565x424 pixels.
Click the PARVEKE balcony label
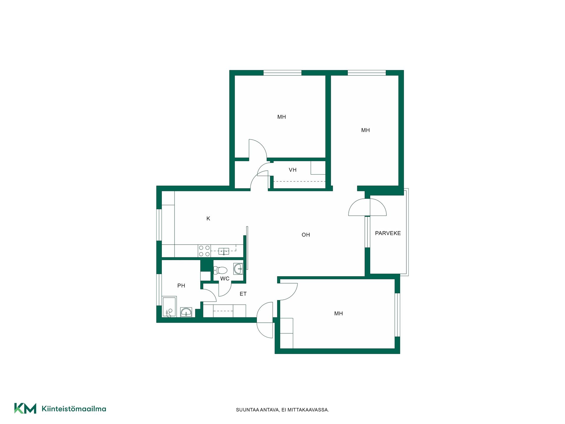(388, 233)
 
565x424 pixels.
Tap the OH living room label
(306, 235)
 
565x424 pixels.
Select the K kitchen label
(208, 218)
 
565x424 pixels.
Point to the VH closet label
(293, 170)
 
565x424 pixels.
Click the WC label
(225, 279)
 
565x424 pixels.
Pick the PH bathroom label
(181, 286)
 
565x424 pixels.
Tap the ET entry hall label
(243, 294)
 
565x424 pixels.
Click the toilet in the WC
(220, 270)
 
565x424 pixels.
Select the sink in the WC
(238, 269)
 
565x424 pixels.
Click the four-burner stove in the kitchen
(204, 251)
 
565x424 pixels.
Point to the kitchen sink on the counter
(224, 251)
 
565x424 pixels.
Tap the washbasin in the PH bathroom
(186, 312)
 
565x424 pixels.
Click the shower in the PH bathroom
(169, 307)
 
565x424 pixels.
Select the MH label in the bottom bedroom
(338, 314)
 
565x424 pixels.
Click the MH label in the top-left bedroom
(282, 117)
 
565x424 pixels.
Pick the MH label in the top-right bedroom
(365, 130)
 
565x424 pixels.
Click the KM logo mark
(25, 408)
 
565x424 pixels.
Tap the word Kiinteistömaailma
(74, 409)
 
